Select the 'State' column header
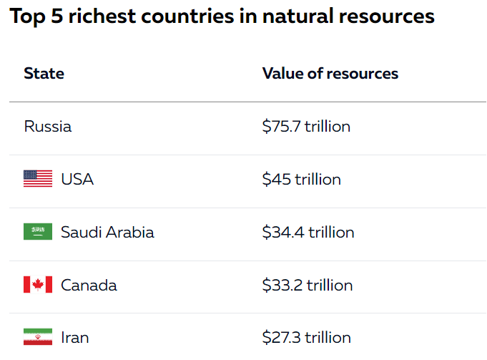[44, 74]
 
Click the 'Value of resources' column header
[330, 74]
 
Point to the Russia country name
[48, 127]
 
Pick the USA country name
[77, 180]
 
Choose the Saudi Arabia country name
[107, 233]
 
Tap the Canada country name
[89, 286]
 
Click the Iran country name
[75, 338]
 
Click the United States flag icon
[38, 179]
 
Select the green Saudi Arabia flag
[38, 232]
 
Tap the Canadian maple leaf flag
[38, 285]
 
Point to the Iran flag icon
[38, 337]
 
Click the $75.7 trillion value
[306, 127]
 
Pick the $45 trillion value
[301, 180]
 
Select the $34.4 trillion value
[308, 233]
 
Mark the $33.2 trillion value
[308, 286]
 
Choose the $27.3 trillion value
[306, 338]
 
